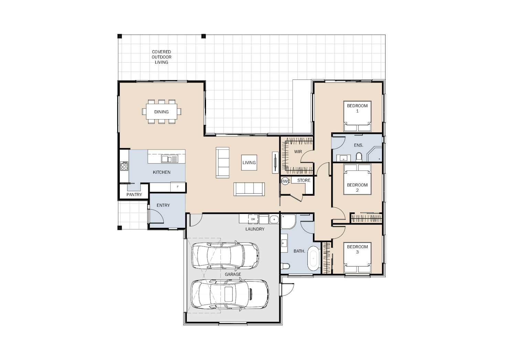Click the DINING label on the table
point(161,112)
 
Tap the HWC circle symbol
point(285,181)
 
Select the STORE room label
point(304,180)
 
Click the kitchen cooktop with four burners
point(124,166)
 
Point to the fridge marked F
point(178,187)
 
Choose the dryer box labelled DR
point(253,219)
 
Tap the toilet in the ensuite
point(359,157)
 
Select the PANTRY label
point(134,195)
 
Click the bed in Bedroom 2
point(357,180)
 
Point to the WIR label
point(298,152)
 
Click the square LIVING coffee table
point(249,163)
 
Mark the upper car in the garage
point(225,255)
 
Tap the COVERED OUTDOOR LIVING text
point(161,57)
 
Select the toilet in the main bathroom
point(285,266)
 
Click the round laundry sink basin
point(274,219)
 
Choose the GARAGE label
point(233,274)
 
